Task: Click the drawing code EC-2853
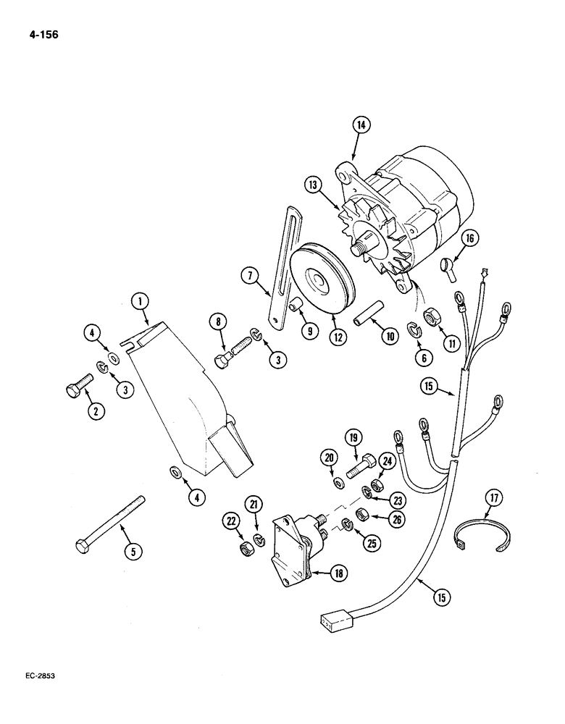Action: pos(35,675)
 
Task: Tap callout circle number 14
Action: pos(360,125)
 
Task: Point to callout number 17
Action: pos(494,499)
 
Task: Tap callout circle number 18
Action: pos(338,572)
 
